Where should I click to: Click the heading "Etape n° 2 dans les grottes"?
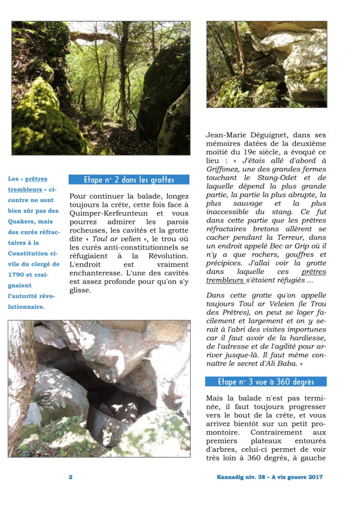129,180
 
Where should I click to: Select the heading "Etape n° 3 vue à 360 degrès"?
266,382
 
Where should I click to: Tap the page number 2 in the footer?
70,477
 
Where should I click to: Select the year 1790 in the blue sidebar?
17,275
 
